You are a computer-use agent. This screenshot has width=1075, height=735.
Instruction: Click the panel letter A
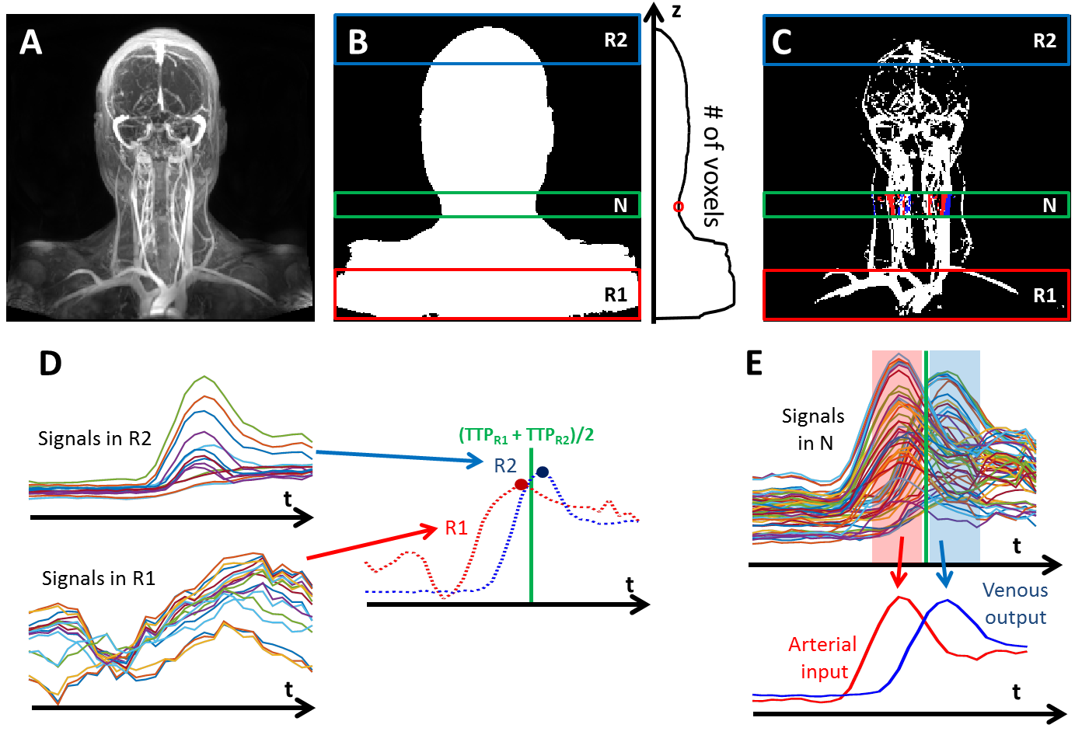coord(30,41)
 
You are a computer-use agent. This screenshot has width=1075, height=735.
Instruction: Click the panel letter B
coord(358,41)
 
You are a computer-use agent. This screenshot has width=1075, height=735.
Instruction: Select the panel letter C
coord(781,41)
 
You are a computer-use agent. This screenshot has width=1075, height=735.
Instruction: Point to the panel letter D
coord(50,363)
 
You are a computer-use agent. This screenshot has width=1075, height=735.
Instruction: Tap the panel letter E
coord(754,363)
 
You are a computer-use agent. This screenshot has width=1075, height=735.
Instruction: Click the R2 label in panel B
coord(615,40)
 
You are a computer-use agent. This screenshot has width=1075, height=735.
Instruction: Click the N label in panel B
coord(620,205)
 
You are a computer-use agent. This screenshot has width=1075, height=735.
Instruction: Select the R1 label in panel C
coord(1044,295)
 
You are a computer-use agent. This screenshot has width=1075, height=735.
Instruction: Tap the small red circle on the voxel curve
coord(678,207)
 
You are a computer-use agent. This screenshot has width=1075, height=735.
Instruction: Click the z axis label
coord(676,12)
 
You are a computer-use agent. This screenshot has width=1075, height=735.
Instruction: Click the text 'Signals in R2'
coord(94,438)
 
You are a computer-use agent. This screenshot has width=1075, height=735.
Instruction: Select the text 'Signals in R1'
coord(98,578)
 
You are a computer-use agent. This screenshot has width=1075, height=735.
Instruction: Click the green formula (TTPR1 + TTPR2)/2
coord(526,434)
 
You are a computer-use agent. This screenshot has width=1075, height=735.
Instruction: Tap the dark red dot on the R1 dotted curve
coord(521,485)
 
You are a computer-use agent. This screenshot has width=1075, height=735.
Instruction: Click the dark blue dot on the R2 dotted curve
coord(543,472)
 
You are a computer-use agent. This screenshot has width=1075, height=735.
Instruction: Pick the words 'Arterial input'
coord(822,657)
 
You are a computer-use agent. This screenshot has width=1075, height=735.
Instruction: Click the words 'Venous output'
coord(1015,603)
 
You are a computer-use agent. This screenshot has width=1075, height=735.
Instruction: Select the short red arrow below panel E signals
coord(900,562)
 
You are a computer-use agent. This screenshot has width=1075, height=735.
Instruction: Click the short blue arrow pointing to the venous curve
coord(944,563)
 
